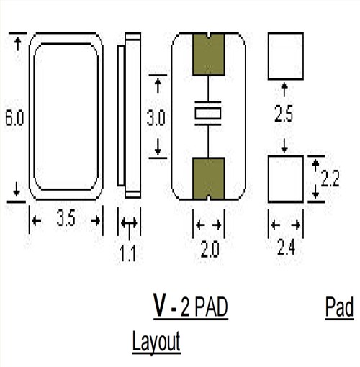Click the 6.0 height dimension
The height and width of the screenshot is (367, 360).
(x=14, y=119)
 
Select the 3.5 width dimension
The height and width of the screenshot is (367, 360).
(x=66, y=220)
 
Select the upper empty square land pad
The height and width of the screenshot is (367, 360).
(x=285, y=57)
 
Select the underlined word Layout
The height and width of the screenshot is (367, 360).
(x=156, y=343)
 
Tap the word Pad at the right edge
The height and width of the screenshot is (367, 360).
(x=338, y=309)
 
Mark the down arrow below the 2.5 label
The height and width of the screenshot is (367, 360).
(x=285, y=146)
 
